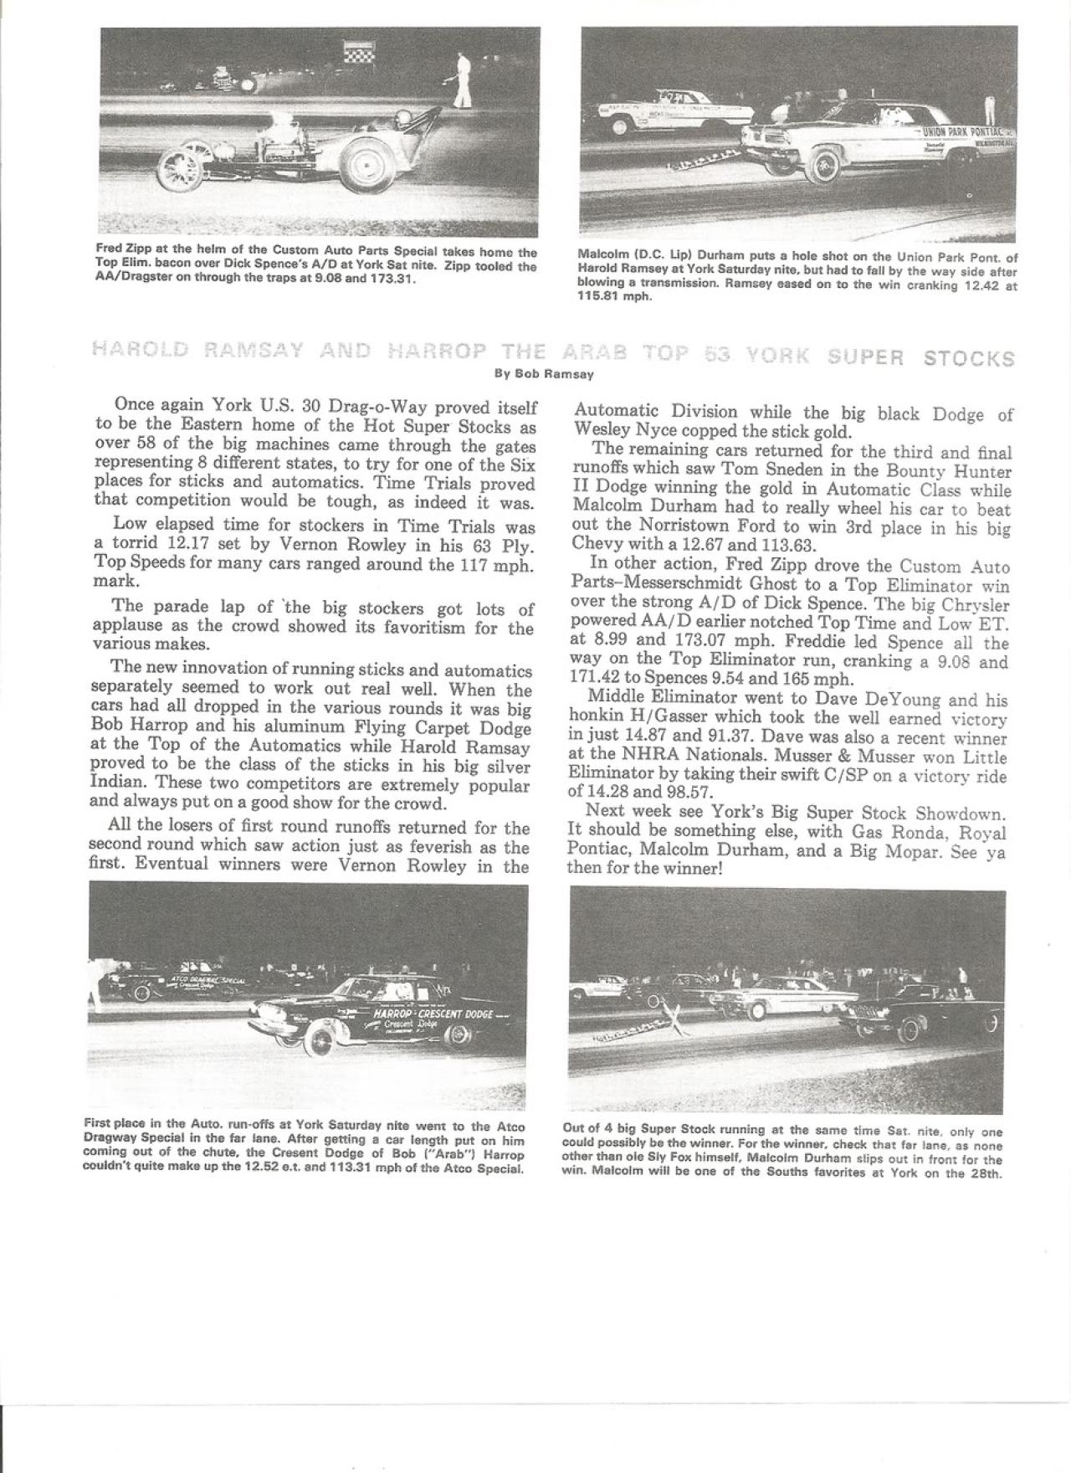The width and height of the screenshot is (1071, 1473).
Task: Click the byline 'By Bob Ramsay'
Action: click(545, 374)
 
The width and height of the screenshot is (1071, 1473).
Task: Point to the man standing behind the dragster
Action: click(461, 82)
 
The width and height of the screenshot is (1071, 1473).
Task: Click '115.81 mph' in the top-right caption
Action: click(615, 295)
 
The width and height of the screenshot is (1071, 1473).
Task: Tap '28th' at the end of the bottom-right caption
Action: click(987, 1172)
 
